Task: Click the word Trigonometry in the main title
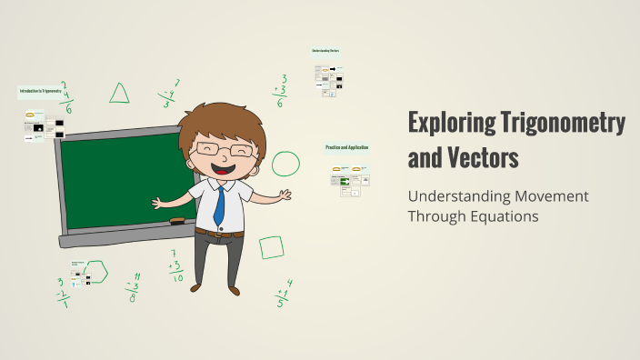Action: pos(566,123)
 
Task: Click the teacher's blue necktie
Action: pos(219,205)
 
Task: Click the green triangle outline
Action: pos(119,93)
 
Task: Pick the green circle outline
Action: pos(286,163)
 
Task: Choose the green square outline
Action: pos(271,246)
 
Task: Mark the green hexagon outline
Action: pos(97,271)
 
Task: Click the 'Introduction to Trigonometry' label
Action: pos(45,91)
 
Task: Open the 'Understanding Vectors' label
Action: pos(325,50)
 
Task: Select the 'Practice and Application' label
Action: pos(346,147)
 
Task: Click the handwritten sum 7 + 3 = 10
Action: pos(175,266)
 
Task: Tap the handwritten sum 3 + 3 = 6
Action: pos(281,92)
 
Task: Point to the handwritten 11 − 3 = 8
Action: pos(134,286)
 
